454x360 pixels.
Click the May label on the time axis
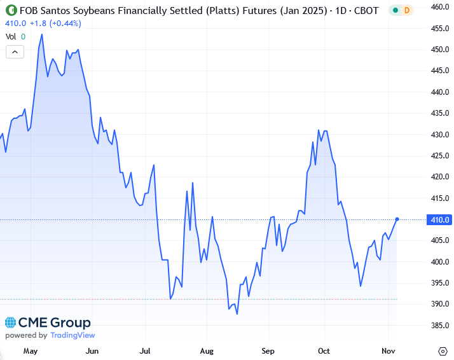click(x=31, y=350)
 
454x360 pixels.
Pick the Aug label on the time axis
click(x=207, y=350)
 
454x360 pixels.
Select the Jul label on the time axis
click(x=146, y=350)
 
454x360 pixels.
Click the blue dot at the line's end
click(x=397, y=219)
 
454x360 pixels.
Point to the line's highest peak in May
click(x=42, y=34)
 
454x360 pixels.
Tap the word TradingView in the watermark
click(x=72, y=335)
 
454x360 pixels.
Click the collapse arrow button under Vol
click(x=15, y=52)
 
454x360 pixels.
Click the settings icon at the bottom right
click(x=443, y=350)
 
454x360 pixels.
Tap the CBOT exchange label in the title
click(x=366, y=11)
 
